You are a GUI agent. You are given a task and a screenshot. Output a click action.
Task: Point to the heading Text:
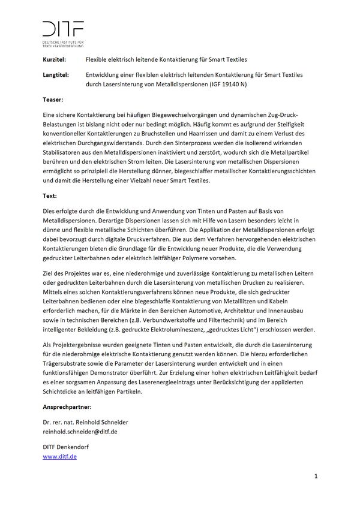click(x=50, y=196)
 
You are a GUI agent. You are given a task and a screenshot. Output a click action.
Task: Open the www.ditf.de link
click(x=59, y=457)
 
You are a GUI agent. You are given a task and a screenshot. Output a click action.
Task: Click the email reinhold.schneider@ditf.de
click(x=80, y=431)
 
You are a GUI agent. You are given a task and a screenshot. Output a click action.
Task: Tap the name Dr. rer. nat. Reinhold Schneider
click(x=85, y=422)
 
